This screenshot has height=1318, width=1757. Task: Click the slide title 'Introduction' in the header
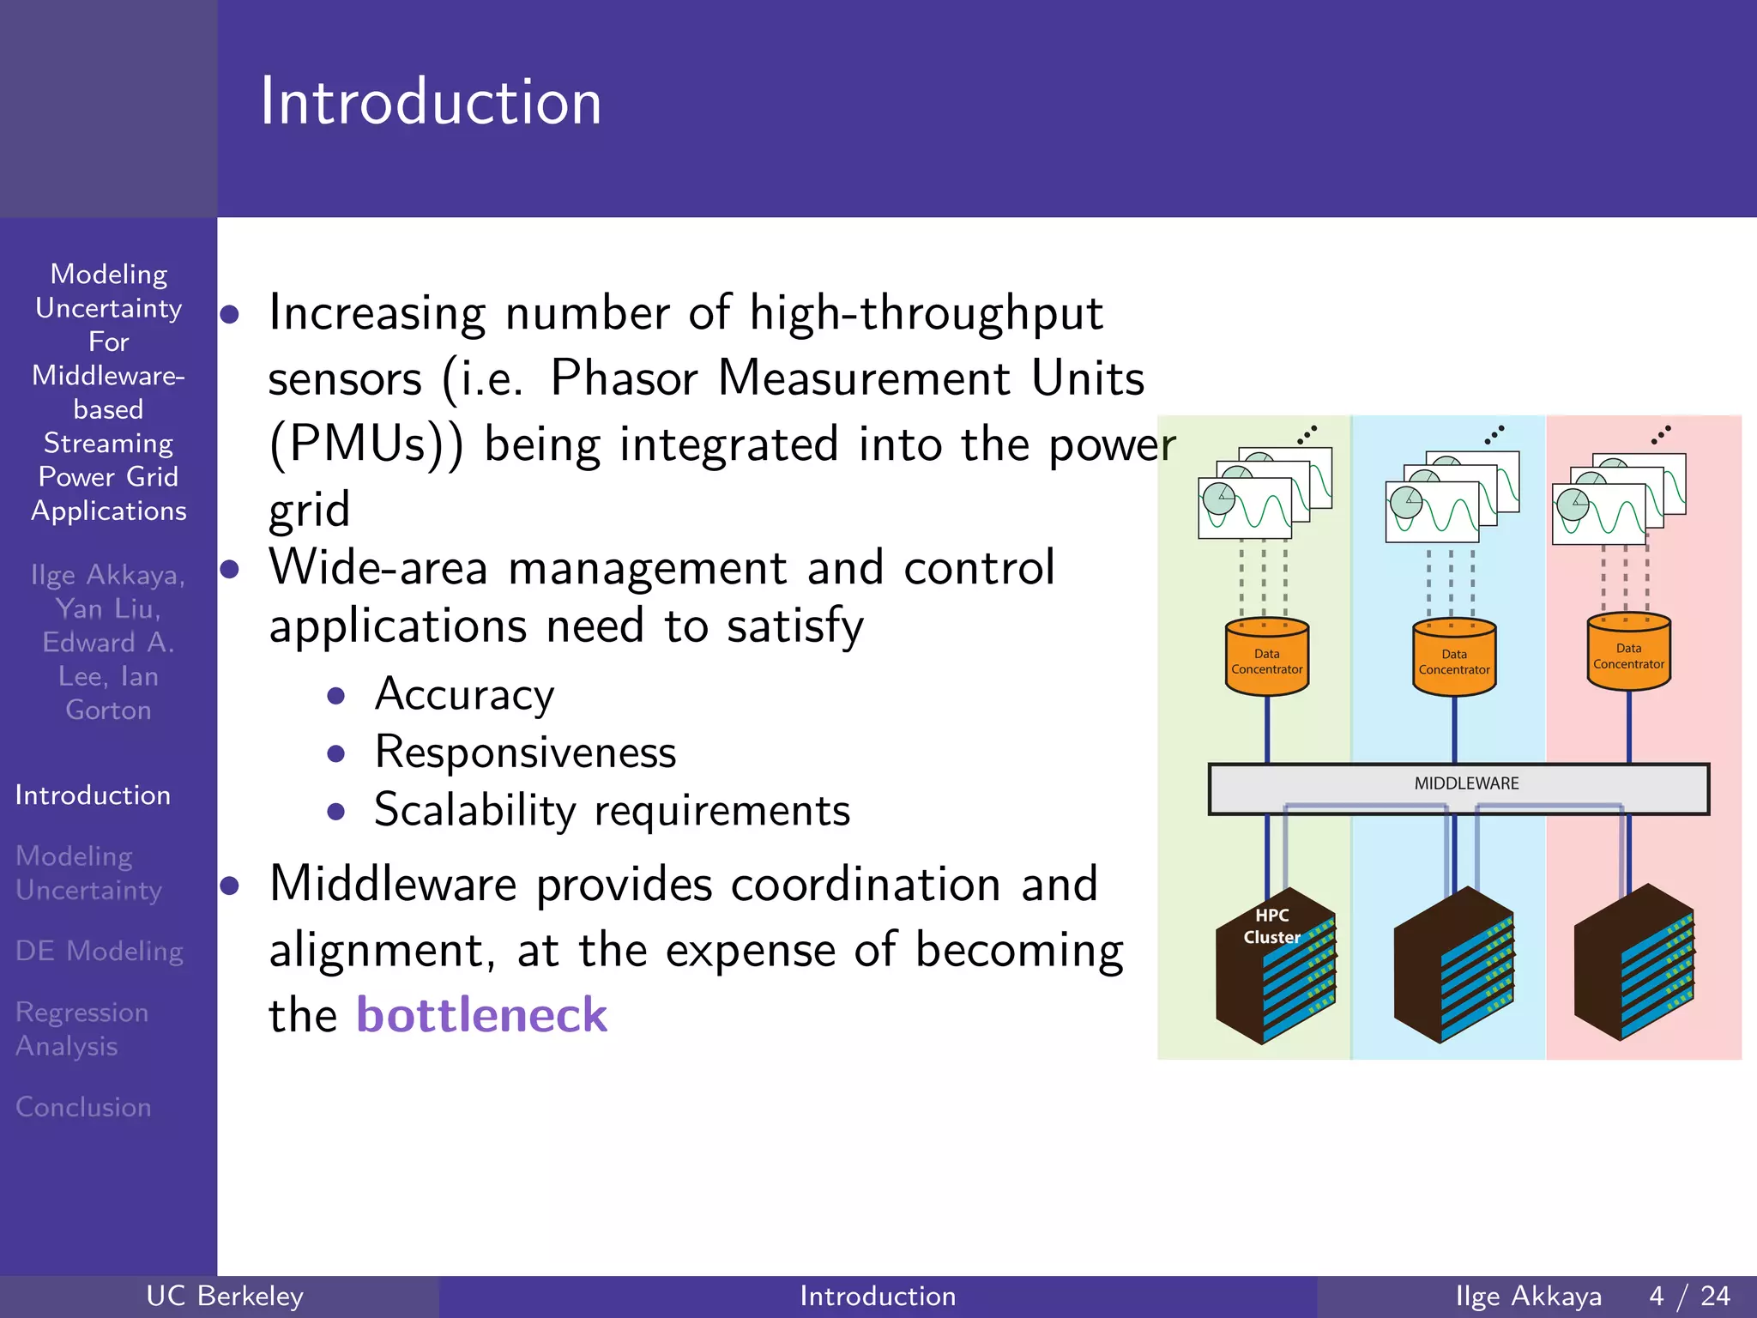click(x=431, y=102)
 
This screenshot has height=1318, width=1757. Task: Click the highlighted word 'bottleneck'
click(x=481, y=1015)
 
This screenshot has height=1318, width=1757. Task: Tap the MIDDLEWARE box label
click(x=1465, y=783)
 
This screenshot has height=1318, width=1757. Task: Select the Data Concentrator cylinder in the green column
click(x=1266, y=658)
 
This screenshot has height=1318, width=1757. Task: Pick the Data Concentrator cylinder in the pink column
click(x=1628, y=653)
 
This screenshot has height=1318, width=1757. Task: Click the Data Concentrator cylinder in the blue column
click(x=1453, y=659)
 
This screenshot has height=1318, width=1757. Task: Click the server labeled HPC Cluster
click(x=1275, y=965)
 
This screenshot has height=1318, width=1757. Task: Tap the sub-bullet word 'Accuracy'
click(x=464, y=694)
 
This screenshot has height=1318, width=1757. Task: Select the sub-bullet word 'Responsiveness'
click(x=525, y=753)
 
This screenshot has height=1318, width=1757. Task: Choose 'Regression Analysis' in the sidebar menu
click(x=82, y=1029)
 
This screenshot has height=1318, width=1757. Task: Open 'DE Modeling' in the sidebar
click(x=99, y=951)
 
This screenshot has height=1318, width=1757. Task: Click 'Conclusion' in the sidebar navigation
click(x=83, y=1107)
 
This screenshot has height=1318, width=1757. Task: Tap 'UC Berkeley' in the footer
click(x=225, y=1296)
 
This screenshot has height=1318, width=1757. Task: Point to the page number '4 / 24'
click(x=1689, y=1296)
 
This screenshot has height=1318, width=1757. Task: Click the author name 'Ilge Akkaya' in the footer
click(x=1528, y=1296)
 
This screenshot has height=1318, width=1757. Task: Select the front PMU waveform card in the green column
click(x=1244, y=508)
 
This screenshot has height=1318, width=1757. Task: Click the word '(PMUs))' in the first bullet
click(x=365, y=444)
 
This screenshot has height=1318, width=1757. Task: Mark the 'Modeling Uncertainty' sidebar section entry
click(x=88, y=873)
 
